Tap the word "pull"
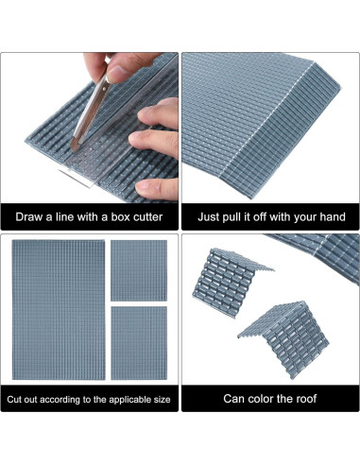pyautogui.click(x=241, y=217)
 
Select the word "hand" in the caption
pyautogui.click(x=330, y=217)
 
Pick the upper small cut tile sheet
pyautogui.click(x=138, y=267)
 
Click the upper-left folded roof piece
pyautogui.click(x=232, y=284)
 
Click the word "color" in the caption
pyautogui.click(x=265, y=399)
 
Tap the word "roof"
pyautogui.click(x=317, y=399)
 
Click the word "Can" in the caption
pyautogui.click(x=234, y=399)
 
